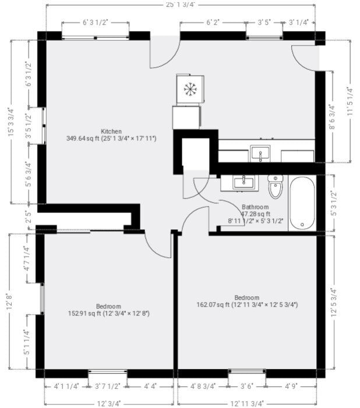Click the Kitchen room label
click(x=111, y=131)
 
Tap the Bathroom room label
click(x=255, y=207)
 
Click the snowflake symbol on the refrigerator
click(x=190, y=89)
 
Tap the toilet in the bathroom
click(x=276, y=186)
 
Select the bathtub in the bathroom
click(x=302, y=203)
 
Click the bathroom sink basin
click(x=243, y=183)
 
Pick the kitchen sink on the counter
click(x=260, y=154)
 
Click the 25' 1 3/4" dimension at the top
click(x=181, y=5)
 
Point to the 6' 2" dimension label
click(x=213, y=22)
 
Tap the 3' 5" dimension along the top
click(x=264, y=22)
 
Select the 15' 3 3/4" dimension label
click(x=10, y=122)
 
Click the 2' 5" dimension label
click(x=28, y=217)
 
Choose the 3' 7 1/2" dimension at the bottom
click(x=107, y=386)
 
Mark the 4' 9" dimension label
click(x=291, y=386)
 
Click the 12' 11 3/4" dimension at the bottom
click(x=247, y=403)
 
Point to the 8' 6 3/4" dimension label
click(x=331, y=117)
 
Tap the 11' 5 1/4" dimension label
click(x=350, y=101)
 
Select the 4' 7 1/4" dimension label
click(x=27, y=258)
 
